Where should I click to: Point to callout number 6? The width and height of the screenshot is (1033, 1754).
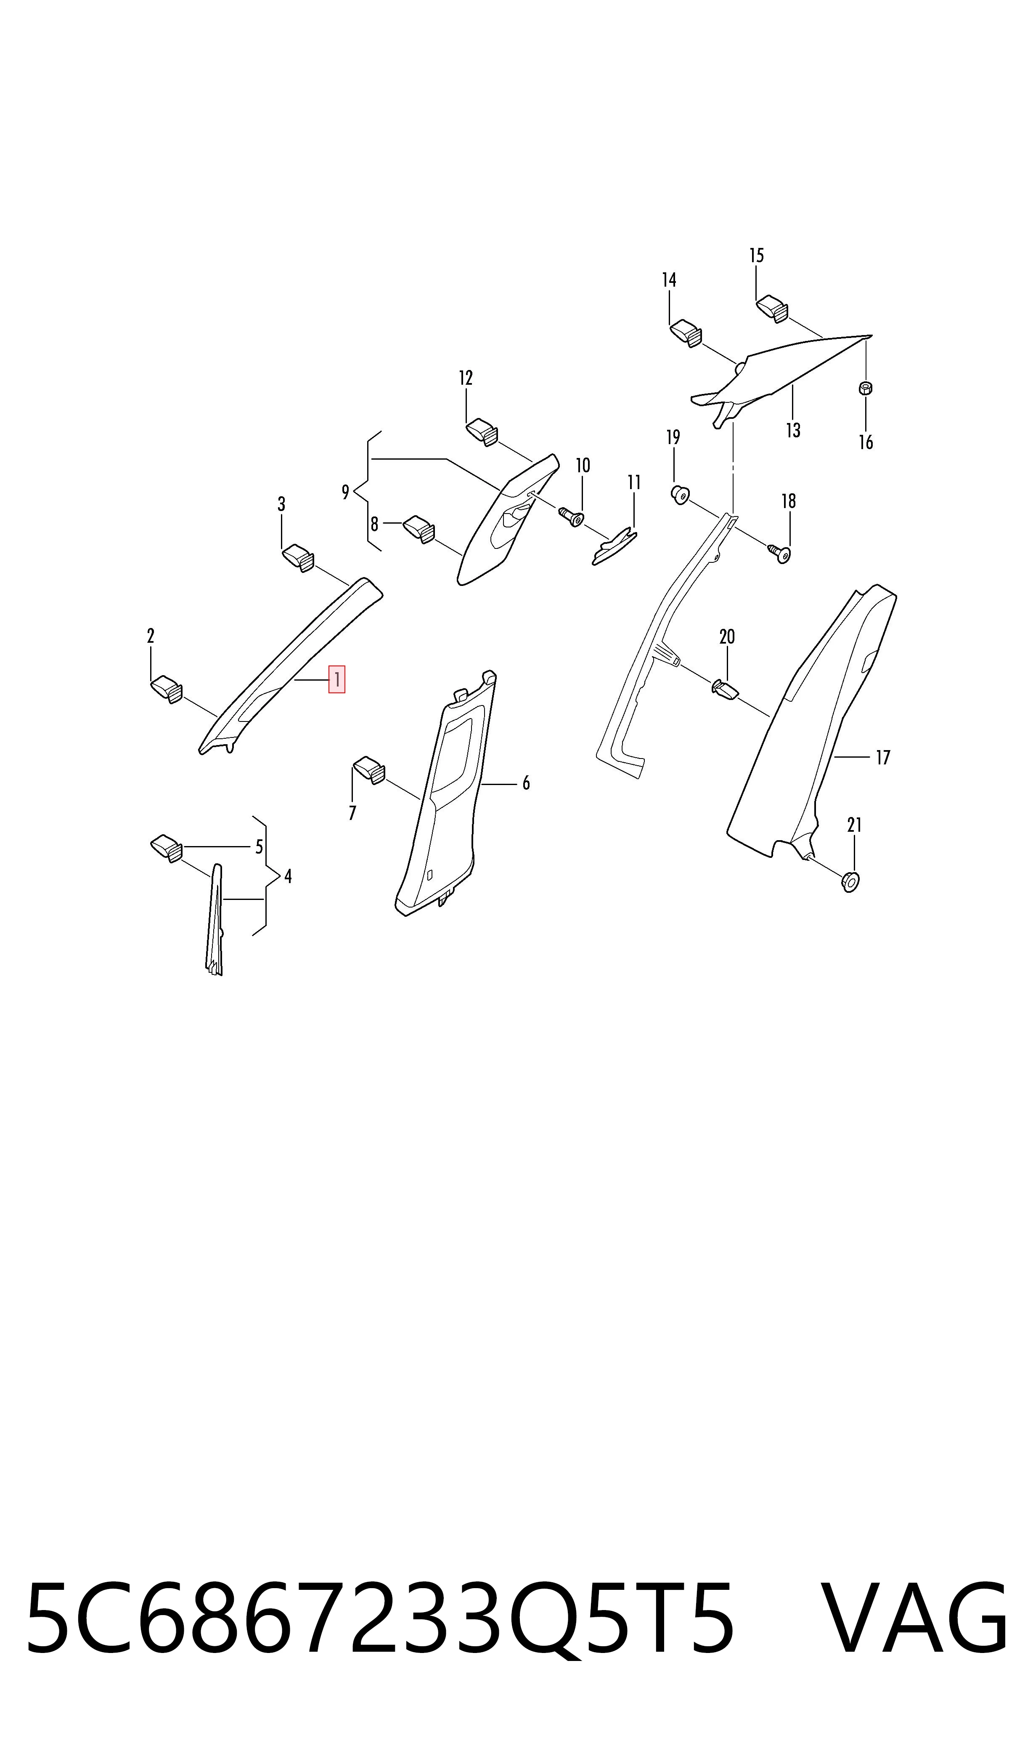(x=526, y=784)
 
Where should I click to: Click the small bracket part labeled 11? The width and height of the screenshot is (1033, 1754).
(x=614, y=546)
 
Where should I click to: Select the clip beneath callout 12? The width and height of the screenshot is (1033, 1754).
(x=482, y=431)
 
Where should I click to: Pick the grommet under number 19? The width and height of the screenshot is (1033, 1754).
(x=680, y=495)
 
